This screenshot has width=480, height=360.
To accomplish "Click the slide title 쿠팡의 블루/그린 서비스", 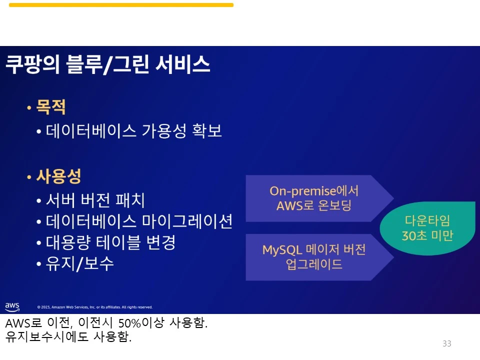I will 107,65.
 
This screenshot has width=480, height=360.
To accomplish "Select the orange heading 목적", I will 51,107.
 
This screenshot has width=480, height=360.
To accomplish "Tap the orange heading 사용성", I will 58,176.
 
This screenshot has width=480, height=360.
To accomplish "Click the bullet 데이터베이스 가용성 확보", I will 134,131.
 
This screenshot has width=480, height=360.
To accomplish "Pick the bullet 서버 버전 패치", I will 95,200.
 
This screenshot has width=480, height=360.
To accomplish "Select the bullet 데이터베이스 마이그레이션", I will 139,221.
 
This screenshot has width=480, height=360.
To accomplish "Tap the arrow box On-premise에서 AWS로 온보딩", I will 314,198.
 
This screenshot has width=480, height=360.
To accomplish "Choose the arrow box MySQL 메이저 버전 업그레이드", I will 314,257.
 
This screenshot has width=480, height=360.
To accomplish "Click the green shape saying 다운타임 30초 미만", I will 427,228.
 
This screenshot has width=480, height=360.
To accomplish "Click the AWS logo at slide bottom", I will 12,306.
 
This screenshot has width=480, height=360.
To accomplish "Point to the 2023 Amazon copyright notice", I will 94,307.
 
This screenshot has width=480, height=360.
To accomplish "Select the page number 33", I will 446,343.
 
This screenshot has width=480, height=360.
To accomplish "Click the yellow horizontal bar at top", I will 121,5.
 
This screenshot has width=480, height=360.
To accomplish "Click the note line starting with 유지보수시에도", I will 68,337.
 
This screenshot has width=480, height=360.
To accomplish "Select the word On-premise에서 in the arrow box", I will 314,191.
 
